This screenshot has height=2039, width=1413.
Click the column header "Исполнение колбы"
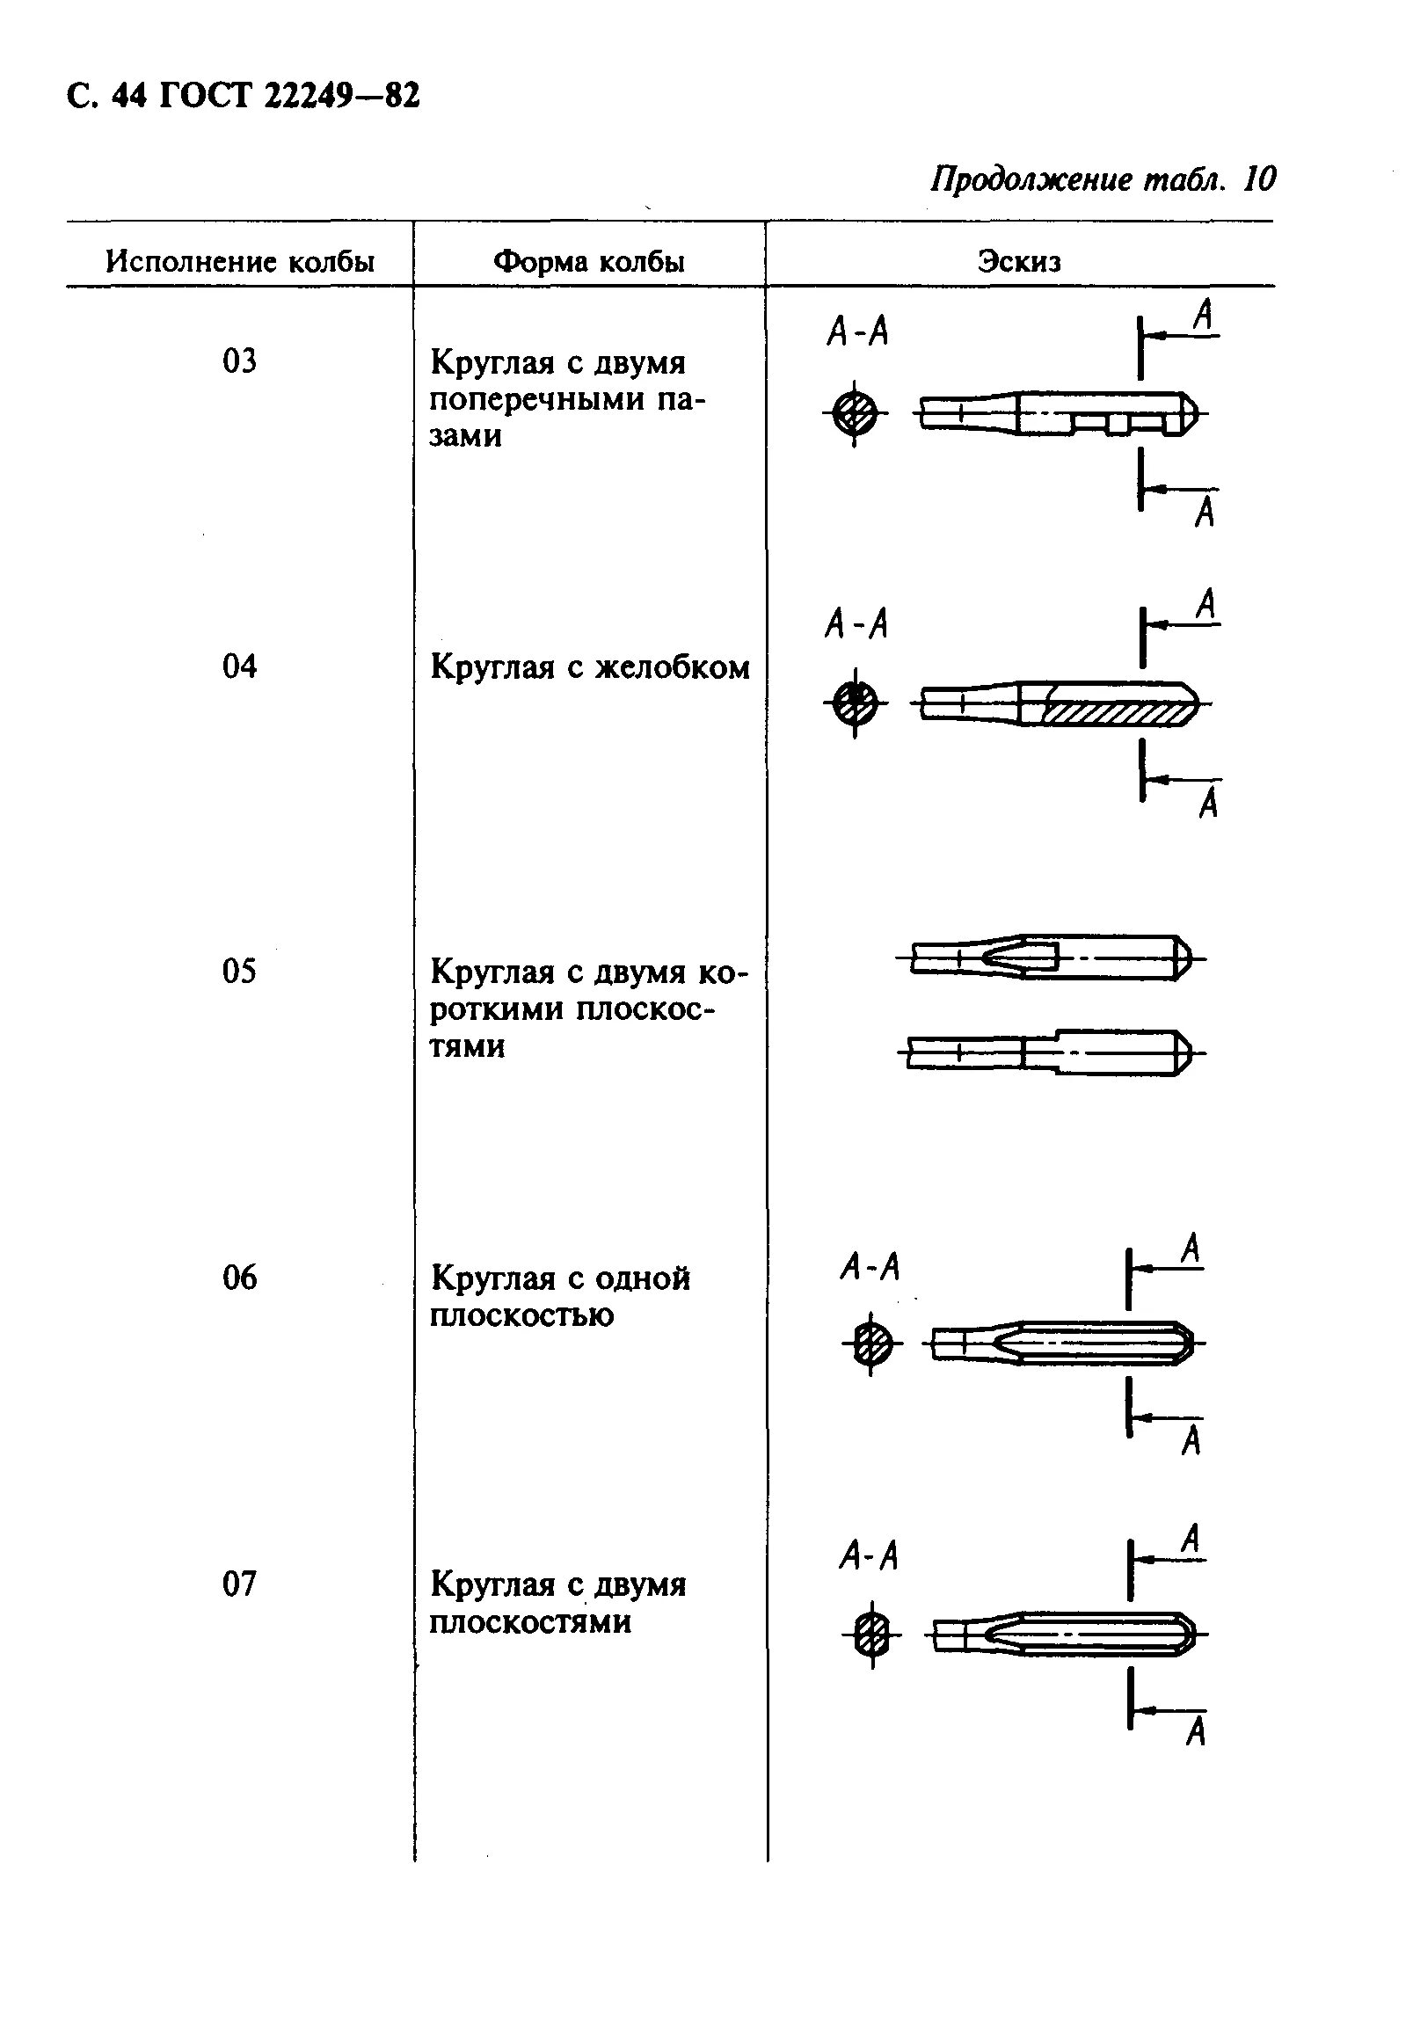(240, 262)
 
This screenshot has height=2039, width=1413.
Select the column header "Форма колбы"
(589, 262)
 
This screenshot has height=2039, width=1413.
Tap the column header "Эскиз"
(1019, 262)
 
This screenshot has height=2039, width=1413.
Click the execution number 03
(239, 361)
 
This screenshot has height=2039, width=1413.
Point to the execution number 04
(239, 666)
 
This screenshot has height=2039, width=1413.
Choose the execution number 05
(239, 972)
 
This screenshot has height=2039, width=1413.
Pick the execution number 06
(239, 1278)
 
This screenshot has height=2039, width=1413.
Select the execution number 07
(239, 1583)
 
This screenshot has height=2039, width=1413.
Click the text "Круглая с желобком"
(590, 666)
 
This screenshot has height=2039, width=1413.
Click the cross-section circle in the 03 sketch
(855, 413)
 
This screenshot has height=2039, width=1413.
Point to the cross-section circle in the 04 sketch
(855, 704)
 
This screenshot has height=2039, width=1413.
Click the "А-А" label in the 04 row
(856, 625)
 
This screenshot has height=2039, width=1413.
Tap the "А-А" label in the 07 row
(869, 1555)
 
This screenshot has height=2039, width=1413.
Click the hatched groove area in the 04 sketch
(1116, 714)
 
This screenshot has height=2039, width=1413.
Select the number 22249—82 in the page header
(342, 96)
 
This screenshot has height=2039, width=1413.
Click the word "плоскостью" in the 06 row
(521, 1315)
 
